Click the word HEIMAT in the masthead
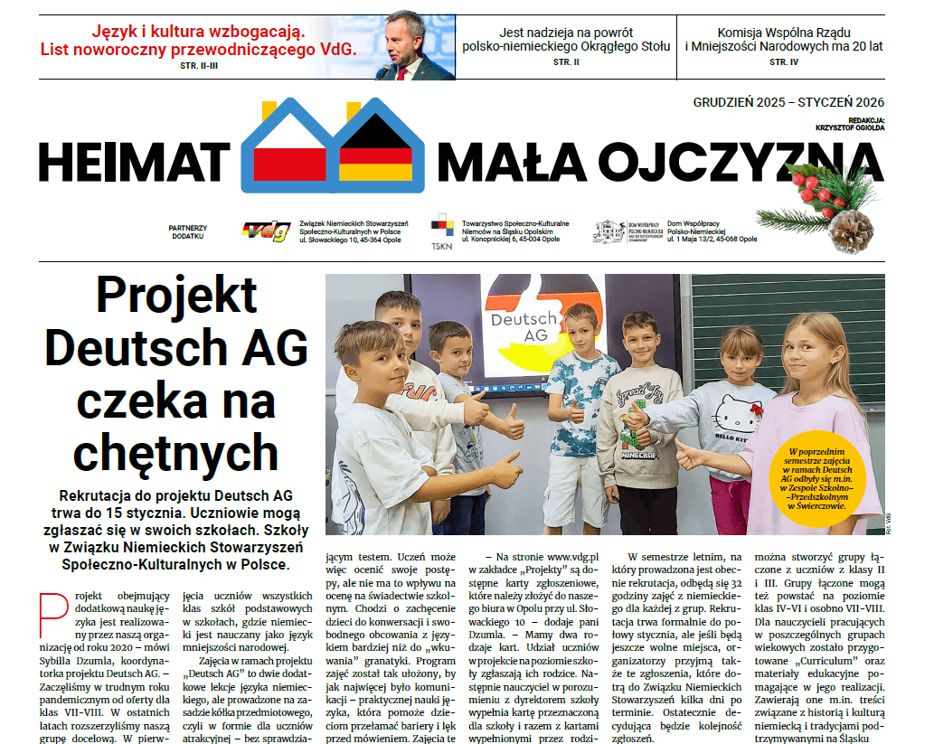pyautogui.click(x=134, y=161)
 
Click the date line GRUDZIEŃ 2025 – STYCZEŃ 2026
pyautogui.click(x=788, y=102)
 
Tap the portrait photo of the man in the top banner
pyautogui.click(x=417, y=45)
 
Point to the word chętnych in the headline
pyautogui.click(x=176, y=450)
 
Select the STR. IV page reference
pyautogui.click(x=784, y=62)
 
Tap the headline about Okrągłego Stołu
pyautogui.click(x=566, y=39)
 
